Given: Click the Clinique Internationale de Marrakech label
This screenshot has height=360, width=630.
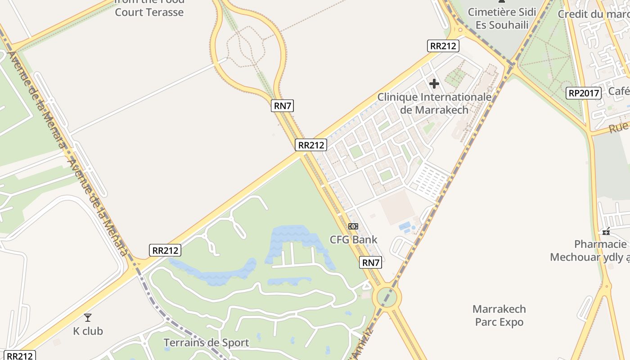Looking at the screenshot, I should pos(434,103).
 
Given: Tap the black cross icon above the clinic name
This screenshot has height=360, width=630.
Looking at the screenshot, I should pos(434,84).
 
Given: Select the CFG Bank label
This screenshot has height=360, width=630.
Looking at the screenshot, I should pos(354,239).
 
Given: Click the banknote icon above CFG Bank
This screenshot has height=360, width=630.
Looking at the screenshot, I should pos(353,226).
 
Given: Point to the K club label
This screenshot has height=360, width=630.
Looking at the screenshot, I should pos(88,331).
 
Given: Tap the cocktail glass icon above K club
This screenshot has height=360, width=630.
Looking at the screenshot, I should pos(88,318).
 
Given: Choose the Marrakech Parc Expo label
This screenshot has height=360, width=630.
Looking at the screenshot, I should pos(499,315).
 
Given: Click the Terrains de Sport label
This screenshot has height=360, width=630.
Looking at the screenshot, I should pos(206,343).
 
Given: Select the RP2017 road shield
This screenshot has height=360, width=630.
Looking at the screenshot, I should pos(584,93).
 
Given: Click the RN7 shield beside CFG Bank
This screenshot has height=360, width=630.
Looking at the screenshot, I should pos(371,262).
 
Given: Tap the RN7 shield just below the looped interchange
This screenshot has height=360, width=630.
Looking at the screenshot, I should pos(283,106).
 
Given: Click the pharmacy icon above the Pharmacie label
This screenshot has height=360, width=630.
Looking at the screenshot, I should pos(607,231).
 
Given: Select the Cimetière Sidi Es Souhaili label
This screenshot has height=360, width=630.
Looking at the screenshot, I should pos(502,18).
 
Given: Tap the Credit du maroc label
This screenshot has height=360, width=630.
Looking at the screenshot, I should pos(593,14).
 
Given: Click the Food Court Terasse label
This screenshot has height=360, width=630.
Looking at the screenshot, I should pos(149,9).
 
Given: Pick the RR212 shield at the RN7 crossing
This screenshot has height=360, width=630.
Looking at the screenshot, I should pos(311,145).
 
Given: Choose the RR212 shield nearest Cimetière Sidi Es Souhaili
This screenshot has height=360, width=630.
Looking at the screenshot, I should pos(443,45).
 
